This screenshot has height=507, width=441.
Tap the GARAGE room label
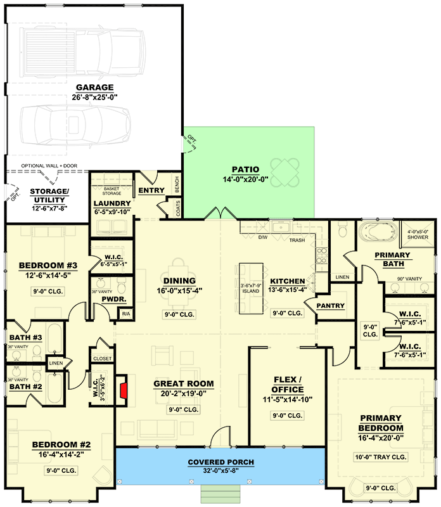pos(94,87)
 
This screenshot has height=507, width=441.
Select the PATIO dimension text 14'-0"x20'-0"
pos(245,179)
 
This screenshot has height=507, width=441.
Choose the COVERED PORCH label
pos(220,462)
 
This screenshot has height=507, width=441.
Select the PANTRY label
pos(330,306)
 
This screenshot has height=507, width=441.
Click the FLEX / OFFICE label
pos(287,384)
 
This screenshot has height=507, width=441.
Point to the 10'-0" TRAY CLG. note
pos(380,457)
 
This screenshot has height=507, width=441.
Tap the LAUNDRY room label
pos(112,203)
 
